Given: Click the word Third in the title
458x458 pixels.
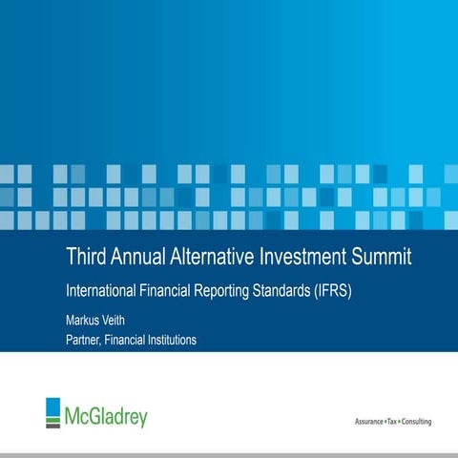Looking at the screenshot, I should (86, 257).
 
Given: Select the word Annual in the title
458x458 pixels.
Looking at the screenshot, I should (141, 257).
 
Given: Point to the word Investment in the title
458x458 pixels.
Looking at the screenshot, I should (311, 257).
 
